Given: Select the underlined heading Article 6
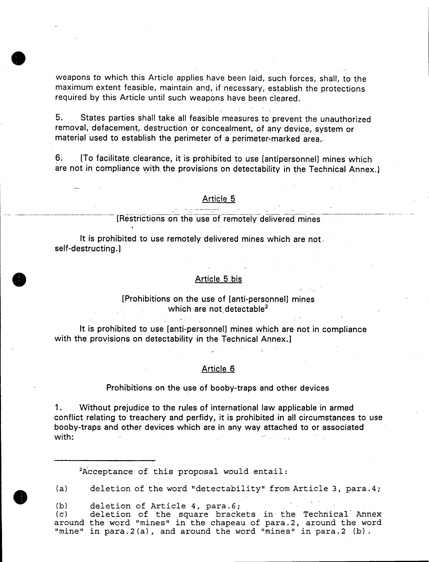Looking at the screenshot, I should point(218,369).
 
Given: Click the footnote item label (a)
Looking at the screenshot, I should point(61,489).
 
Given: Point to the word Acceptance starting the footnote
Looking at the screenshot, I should point(108,472).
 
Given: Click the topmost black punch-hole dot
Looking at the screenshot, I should point(18,58).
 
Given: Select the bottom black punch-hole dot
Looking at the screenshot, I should point(21,498).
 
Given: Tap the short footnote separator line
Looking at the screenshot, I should point(105,460).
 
